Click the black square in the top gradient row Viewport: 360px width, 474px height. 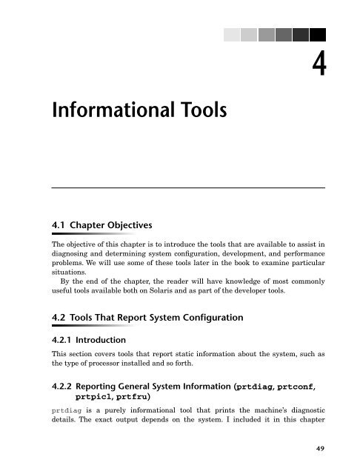click(317, 35)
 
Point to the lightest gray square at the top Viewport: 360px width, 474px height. click(232, 35)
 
